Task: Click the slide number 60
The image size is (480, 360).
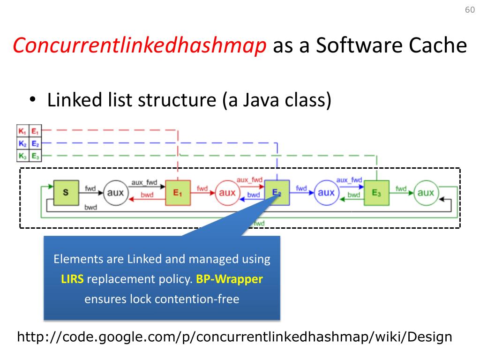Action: (x=469, y=10)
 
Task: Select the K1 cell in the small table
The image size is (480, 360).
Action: (x=22, y=131)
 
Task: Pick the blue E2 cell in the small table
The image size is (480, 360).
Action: (x=36, y=143)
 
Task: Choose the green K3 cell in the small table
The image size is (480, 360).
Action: (x=22, y=156)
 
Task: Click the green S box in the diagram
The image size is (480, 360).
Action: (x=65, y=192)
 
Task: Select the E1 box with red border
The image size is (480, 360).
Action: (x=178, y=192)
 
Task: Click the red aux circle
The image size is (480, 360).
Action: (x=227, y=192)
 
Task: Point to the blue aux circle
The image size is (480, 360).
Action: (x=326, y=192)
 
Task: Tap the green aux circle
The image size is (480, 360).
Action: (x=426, y=192)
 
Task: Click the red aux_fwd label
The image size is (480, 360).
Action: (x=249, y=180)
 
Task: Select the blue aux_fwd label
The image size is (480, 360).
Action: (x=349, y=180)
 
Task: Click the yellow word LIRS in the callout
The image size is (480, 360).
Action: (x=72, y=279)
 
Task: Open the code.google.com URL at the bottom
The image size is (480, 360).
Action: (x=234, y=337)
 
